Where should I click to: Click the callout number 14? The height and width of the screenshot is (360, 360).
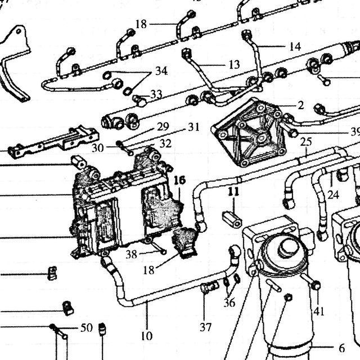coord(295,47)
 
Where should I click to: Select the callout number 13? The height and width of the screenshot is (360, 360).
coord(234,65)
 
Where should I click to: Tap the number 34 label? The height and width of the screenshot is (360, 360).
coord(161,71)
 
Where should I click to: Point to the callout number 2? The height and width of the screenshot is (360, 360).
coord(301,105)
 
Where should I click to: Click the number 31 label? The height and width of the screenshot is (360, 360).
coord(193,127)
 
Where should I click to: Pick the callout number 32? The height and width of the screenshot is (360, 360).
coord(165,144)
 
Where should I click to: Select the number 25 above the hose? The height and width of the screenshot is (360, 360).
coord(306,142)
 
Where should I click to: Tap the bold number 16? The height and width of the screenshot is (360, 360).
coord(180,180)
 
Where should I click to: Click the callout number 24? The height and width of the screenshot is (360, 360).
coord(333,195)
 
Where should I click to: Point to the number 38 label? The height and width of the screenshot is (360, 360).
coord(131,254)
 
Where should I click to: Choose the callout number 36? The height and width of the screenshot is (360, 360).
coord(229,303)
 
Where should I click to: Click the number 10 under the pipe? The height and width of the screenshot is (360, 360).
coord(146,336)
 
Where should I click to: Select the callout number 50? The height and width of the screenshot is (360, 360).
coord(87,327)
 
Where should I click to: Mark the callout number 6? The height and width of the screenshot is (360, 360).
coord(342,348)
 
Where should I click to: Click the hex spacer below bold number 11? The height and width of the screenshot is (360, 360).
coord(232,220)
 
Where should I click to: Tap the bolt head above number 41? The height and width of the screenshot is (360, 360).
coord(316,285)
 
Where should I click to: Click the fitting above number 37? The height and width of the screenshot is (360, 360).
coord(209,287)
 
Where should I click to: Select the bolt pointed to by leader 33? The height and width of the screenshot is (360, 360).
coord(139,101)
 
